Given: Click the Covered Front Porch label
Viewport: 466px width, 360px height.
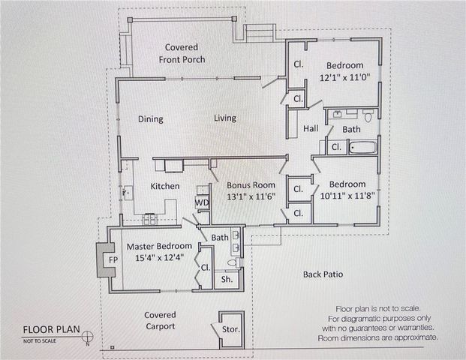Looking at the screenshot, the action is tap(182, 53).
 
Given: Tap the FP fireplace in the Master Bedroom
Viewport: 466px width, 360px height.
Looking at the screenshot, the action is tap(106, 260).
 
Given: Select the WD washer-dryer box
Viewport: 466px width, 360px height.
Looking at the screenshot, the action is tap(202, 202).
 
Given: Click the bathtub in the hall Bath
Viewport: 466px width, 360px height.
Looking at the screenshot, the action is tap(362, 148).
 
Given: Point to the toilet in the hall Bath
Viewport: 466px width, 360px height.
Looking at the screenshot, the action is tap(368, 115).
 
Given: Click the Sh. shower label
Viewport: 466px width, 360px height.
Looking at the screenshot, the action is tap(227, 280).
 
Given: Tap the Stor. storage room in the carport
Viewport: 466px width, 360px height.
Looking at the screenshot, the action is tap(232, 330).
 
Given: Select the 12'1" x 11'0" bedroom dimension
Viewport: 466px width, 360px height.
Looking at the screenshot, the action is tap(345, 78).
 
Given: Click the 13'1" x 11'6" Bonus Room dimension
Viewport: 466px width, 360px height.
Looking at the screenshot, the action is tap(251, 196).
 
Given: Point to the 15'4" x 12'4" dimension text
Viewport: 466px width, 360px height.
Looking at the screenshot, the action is tap(160, 257).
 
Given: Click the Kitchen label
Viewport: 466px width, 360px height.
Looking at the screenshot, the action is tap(165, 186).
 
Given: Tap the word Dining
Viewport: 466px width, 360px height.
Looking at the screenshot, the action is tap(151, 119).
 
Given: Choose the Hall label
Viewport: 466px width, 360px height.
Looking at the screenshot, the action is tap(311, 128).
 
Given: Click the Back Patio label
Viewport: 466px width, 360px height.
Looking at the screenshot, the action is tap(323, 274).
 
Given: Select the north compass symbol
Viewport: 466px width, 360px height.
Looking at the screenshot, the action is tap(87, 337).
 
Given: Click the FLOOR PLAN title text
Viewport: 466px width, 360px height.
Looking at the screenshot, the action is tap(52, 330).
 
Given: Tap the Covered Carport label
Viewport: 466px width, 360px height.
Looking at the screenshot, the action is tap(160, 320).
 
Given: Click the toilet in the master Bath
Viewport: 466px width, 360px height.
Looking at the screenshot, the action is tap(233, 262).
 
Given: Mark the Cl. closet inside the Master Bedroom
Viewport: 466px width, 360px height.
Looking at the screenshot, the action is tap(206, 268).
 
